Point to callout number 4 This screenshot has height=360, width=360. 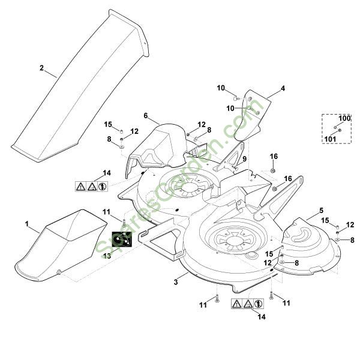tap(283, 89)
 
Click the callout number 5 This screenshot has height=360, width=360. tap(321, 211)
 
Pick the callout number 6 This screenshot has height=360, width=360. tap(145, 115)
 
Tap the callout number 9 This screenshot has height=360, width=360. tap(245, 158)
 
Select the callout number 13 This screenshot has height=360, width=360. tap(107, 256)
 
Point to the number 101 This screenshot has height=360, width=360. tap(331, 139)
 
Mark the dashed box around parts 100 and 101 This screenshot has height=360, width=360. tap(337, 128)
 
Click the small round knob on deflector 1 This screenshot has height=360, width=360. tap(58, 272)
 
